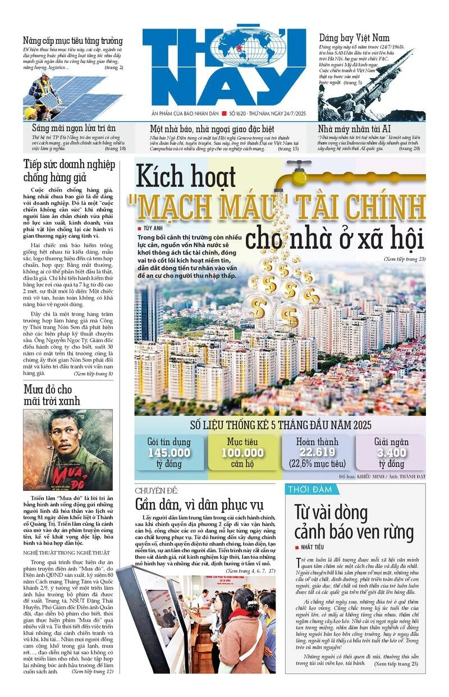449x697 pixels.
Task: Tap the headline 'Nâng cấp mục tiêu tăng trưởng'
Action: (72, 41)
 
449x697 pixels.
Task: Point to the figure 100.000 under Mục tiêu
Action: (242, 453)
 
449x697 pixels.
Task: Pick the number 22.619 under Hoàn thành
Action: (317, 452)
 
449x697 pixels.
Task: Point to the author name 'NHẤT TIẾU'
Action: (316, 546)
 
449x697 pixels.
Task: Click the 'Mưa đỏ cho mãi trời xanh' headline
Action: (52, 395)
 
